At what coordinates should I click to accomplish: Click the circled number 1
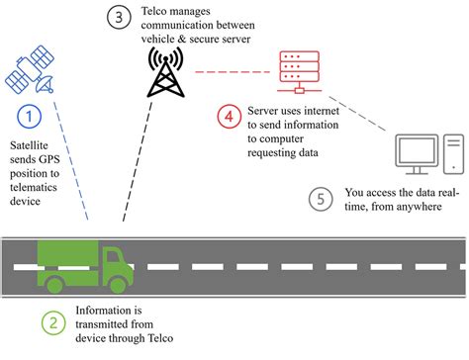pyautogui.click(x=31, y=118)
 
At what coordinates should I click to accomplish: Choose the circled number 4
pyautogui.click(x=229, y=118)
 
